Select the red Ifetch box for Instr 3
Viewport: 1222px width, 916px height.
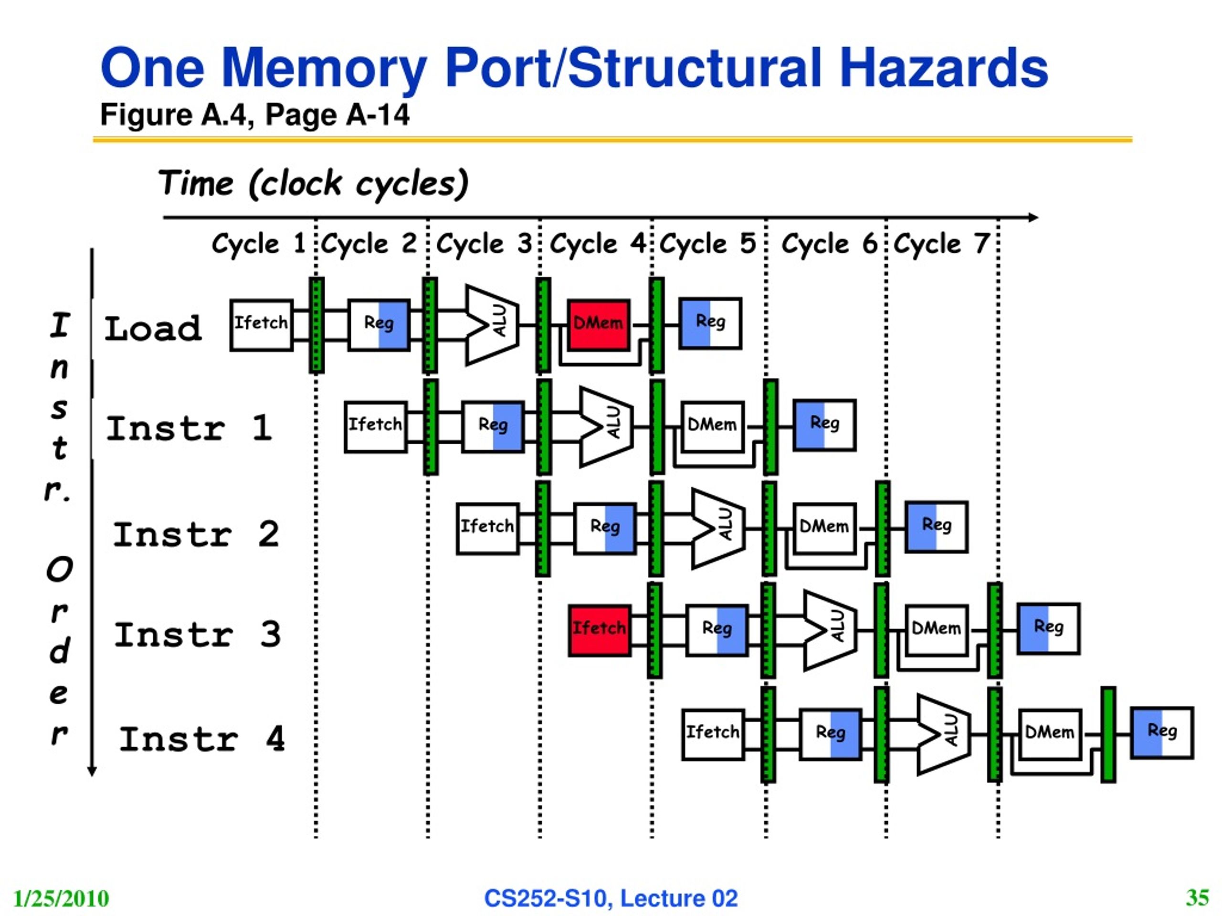(600, 630)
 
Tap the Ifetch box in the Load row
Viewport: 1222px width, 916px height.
(261, 325)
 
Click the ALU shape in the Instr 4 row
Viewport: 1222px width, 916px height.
(944, 735)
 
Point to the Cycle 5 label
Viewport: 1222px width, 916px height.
(708, 243)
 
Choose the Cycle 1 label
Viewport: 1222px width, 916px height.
(259, 243)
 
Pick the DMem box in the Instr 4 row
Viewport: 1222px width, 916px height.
(1050, 734)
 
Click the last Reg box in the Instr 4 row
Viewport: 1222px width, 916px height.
(1162, 732)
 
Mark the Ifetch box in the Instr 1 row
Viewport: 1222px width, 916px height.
(376, 427)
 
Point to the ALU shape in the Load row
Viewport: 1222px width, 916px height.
(492, 325)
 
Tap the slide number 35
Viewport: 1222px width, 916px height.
(1197, 897)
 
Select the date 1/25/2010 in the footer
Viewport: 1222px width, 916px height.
(61, 898)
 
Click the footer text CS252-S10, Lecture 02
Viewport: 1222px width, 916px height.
(611, 898)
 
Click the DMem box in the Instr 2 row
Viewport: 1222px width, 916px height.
(824, 529)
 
